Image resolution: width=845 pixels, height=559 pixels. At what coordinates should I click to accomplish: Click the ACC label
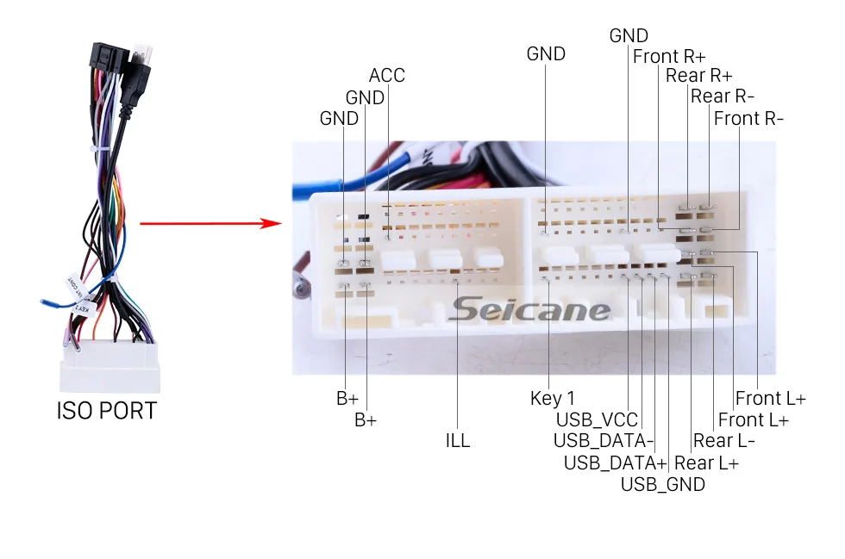click(387, 76)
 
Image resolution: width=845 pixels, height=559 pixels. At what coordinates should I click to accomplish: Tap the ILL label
click(458, 441)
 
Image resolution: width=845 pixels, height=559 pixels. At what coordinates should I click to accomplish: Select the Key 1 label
click(552, 399)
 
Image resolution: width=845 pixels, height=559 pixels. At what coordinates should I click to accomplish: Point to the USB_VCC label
click(597, 420)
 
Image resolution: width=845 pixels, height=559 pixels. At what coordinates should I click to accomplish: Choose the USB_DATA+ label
click(615, 463)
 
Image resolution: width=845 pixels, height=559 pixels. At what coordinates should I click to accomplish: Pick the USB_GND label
click(662, 484)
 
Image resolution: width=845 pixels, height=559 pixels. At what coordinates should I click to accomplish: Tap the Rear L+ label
click(706, 463)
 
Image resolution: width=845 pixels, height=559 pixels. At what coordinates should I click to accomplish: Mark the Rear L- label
click(724, 441)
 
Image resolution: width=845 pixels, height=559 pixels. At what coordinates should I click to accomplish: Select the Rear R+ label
click(698, 76)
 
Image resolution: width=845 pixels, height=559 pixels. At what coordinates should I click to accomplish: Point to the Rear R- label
click(723, 96)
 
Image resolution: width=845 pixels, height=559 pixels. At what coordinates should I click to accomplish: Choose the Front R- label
click(748, 119)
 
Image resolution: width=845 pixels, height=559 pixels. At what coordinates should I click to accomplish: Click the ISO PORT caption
click(107, 411)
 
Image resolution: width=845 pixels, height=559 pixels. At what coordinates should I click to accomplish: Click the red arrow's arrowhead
click(274, 224)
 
